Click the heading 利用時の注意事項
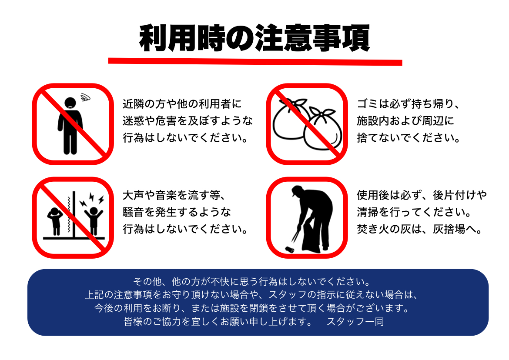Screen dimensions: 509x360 click(x=254, y=38)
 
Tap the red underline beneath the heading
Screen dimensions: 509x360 click(x=255, y=62)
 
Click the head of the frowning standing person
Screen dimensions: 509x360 click(x=70, y=103)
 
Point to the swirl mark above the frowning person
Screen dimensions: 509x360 click(x=85, y=97)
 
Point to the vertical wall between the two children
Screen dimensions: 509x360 click(x=74, y=214)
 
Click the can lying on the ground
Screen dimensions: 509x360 click(x=289, y=250)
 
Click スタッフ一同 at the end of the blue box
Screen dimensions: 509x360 click(x=355, y=321)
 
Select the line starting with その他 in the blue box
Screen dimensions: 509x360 click(x=251, y=281)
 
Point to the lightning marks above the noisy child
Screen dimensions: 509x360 click(x=92, y=199)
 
